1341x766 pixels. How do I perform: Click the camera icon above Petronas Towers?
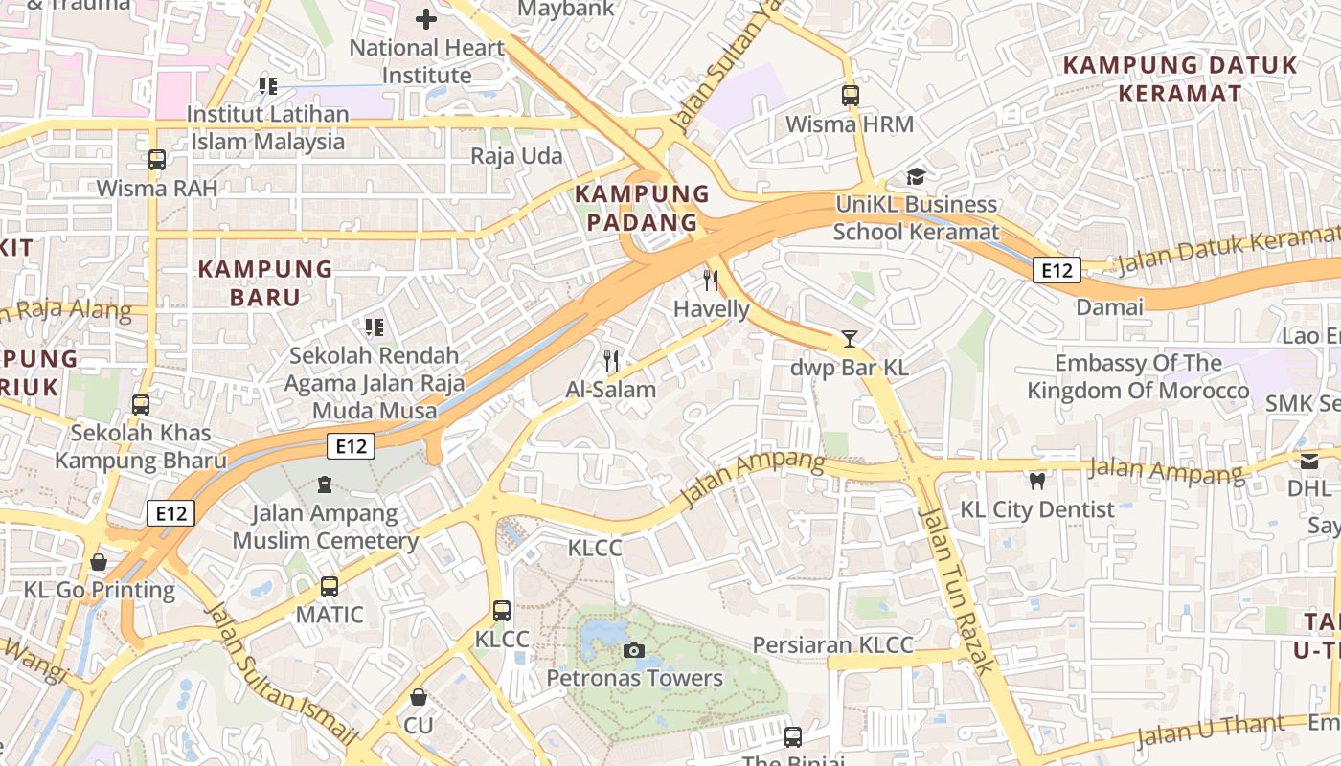coord(633,651)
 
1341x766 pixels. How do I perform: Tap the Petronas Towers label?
coord(634,679)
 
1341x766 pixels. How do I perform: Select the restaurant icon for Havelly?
coord(711,280)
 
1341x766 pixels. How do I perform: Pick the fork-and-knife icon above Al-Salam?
coord(611,360)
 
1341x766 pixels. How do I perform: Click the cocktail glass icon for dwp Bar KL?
coord(849,339)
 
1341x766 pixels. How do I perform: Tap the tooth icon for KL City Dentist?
coord(1036,481)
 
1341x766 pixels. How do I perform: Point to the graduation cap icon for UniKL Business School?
coord(916,176)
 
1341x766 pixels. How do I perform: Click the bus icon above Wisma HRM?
coord(850,96)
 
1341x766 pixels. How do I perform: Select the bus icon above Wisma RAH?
coord(157,160)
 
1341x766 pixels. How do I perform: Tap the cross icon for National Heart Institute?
coord(426,18)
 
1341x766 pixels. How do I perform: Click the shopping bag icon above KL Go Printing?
coord(99,562)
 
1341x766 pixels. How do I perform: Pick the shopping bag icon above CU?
coord(418,697)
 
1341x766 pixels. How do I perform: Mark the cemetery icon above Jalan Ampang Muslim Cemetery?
coord(325,484)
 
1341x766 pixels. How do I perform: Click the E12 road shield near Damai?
coord(1057,271)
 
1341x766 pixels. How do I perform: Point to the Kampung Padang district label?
coord(636,208)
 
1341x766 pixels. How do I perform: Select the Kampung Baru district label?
coord(265,282)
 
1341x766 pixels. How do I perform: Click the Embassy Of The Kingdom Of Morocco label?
coord(1138,377)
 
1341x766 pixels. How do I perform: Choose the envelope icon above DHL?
coord(1309,461)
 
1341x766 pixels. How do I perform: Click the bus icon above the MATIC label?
coord(330,586)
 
